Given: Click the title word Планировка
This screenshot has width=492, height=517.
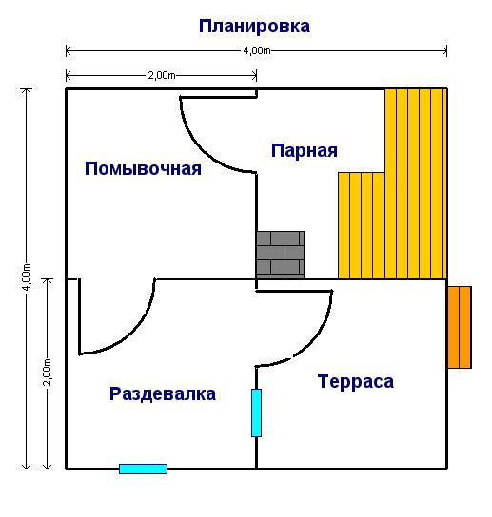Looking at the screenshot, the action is click(x=254, y=27).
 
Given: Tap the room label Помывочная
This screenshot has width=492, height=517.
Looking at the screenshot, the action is click(x=143, y=168).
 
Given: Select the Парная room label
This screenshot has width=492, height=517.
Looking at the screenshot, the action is click(x=305, y=151).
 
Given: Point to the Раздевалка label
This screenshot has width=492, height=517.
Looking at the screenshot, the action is click(x=163, y=394).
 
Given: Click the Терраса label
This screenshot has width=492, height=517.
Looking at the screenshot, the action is click(x=356, y=381).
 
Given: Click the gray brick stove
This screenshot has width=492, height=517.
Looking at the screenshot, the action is click(x=280, y=255).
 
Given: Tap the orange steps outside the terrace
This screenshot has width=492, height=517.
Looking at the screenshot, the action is click(x=460, y=327).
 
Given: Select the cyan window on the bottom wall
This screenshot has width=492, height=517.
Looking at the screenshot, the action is click(x=143, y=469).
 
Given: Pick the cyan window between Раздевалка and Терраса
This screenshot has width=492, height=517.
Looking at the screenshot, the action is click(x=256, y=412).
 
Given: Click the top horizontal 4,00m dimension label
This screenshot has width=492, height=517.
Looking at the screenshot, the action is click(x=257, y=50).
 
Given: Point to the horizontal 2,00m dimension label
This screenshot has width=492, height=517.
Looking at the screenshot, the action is click(x=162, y=75).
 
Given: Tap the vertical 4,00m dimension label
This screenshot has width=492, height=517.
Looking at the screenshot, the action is click(x=27, y=277).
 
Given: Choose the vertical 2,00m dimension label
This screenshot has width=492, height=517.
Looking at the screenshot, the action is click(x=48, y=372).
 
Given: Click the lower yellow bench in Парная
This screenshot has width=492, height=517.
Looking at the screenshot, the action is click(x=362, y=225).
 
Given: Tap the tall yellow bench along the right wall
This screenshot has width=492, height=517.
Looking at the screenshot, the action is click(x=416, y=183).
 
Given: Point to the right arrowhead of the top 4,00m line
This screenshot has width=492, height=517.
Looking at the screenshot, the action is click(x=445, y=51).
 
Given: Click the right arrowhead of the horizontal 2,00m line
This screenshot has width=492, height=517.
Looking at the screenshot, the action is click(x=255, y=76).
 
